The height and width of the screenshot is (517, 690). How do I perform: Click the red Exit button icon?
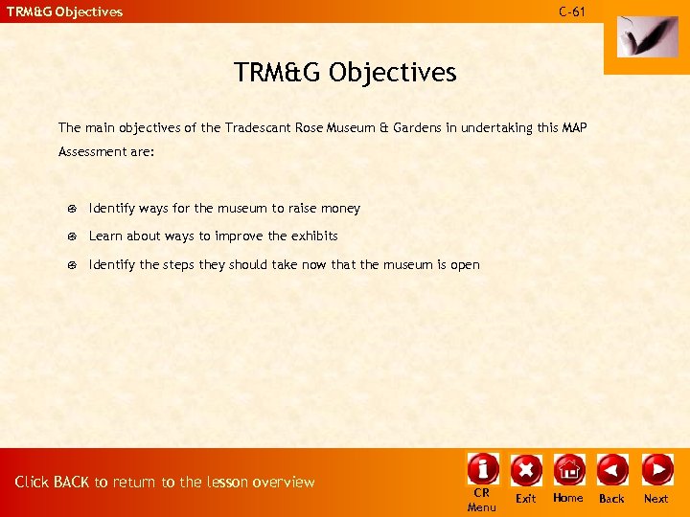pyautogui.click(x=526, y=469)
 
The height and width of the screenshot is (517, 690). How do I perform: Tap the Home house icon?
pyautogui.click(x=568, y=469)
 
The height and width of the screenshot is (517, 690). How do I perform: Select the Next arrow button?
pyautogui.click(x=656, y=469)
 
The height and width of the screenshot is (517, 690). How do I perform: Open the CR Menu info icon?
pyautogui.click(x=482, y=468)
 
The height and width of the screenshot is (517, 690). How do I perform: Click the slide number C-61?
pyautogui.click(x=572, y=11)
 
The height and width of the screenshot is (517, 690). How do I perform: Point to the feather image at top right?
pyautogui.click(x=639, y=36)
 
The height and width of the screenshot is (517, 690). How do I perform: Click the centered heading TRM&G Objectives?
pyautogui.click(x=345, y=72)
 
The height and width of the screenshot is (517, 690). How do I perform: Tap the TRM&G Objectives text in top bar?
pyautogui.click(x=65, y=12)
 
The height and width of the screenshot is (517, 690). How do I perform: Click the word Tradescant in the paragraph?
pyautogui.click(x=259, y=127)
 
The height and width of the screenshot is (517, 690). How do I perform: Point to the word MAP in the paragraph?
pyautogui.click(x=573, y=127)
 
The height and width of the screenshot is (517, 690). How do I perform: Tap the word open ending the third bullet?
pyautogui.click(x=465, y=265)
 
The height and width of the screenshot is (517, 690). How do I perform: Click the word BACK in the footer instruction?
pyautogui.click(x=72, y=483)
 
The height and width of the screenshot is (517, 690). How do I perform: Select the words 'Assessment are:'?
pyautogui.click(x=106, y=151)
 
